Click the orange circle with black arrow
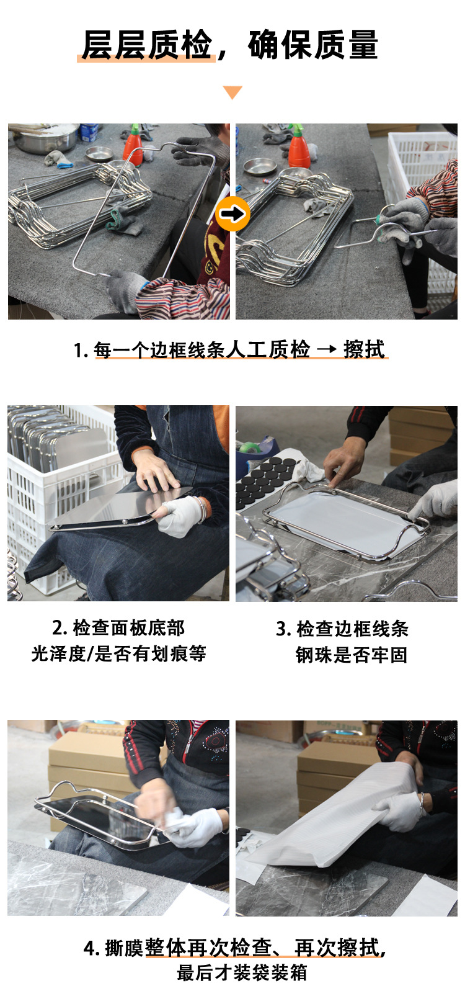232,214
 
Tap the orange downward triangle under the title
232,92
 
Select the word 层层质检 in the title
147,45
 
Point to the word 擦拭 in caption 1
364,349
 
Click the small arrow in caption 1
327,349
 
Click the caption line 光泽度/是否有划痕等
118,653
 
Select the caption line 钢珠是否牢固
352,655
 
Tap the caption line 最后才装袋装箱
242,972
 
